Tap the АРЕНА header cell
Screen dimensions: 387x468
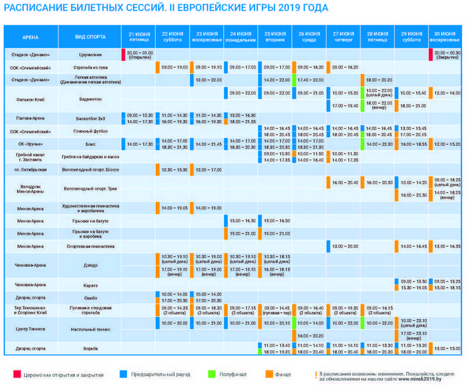tap(30, 37)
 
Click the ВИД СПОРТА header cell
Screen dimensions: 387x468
tap(90, 37)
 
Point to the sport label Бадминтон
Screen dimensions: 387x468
tap(90, 100)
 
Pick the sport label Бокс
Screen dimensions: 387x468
tap(90, 143)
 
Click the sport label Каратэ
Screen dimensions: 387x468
tap(90, 285)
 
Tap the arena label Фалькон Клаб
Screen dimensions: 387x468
tap(30, 100)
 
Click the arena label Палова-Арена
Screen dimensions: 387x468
tap(30, 118)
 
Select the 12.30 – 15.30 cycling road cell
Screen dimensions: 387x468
tap(174, 169)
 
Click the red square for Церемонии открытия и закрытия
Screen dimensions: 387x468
tap(17, 374)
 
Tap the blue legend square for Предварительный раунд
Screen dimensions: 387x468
tap(123, 374)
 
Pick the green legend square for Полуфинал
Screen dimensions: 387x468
tap(211, 374)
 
